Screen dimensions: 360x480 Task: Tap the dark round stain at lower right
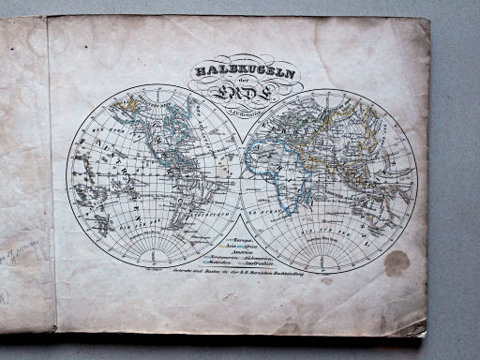point(397,263)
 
